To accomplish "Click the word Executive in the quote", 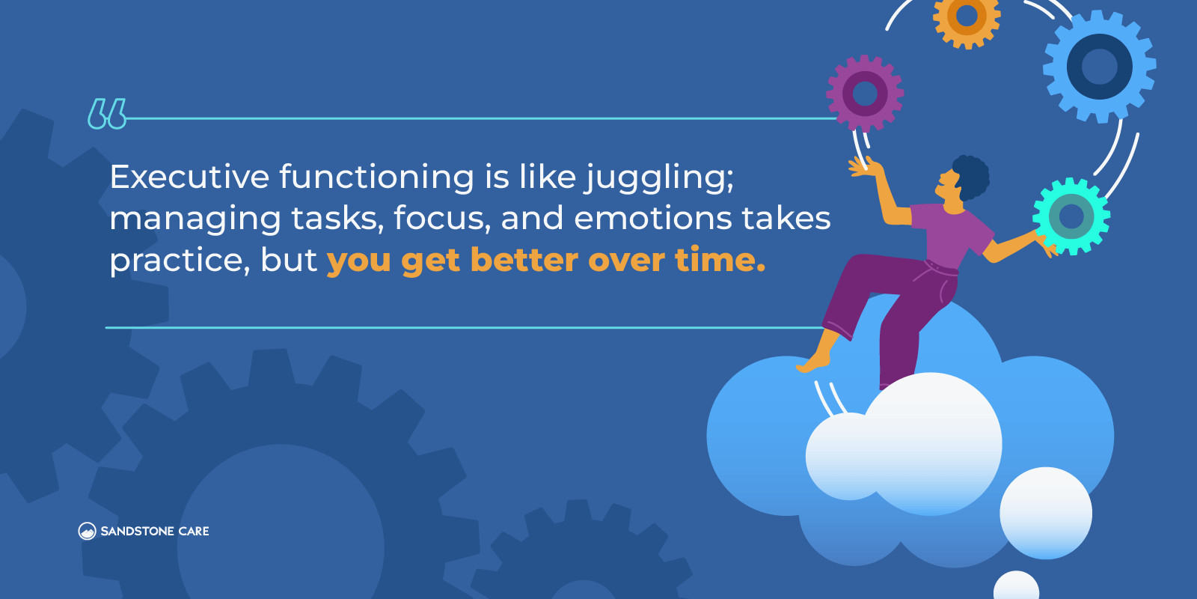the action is (x=190, y=177).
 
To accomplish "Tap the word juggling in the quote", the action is (x=659, y=180).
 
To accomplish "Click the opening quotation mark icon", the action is (x=107, y=113).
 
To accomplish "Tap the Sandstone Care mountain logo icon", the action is (x=87, y=531).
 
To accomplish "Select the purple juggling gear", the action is (x=865, y=94).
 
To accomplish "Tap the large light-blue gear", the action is (x=1099, y=67).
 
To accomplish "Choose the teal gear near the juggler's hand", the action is (x=1071, y=216).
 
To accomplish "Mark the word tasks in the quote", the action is (x=337, y=219).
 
